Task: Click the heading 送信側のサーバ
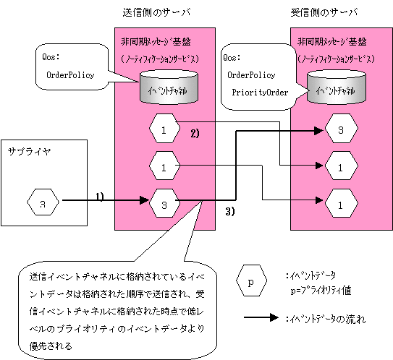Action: (156, 12)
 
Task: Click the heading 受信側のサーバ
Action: (324, 12)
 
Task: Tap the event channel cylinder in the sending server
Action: (169, 87)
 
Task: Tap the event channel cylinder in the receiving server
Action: (337, 87)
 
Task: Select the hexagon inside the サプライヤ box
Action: (43, 202)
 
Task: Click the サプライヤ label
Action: (30, 152)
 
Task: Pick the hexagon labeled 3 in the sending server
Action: (165, 203)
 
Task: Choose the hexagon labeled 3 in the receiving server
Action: (342, 128)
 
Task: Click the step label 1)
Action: (100, 197)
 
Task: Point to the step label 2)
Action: (195, 133)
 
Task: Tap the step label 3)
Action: (230, 212)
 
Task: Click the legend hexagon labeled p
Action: (251, 280)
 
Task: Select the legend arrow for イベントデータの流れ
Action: (261, 317)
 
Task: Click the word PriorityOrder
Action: (260, 93)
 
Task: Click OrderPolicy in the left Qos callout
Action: (70, 75)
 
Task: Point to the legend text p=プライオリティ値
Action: (321, 291)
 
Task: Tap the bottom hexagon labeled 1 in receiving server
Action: (342, 203)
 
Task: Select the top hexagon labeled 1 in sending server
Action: (165, 128)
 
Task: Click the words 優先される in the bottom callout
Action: (51, 346)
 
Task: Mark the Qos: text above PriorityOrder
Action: (232, 58)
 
